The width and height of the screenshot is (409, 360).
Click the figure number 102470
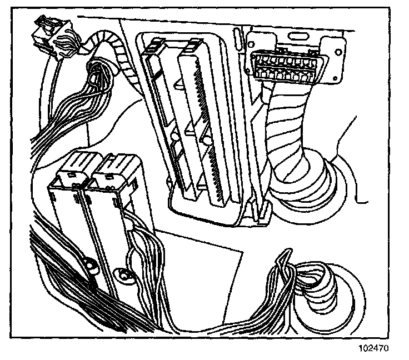tap(372, 349)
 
